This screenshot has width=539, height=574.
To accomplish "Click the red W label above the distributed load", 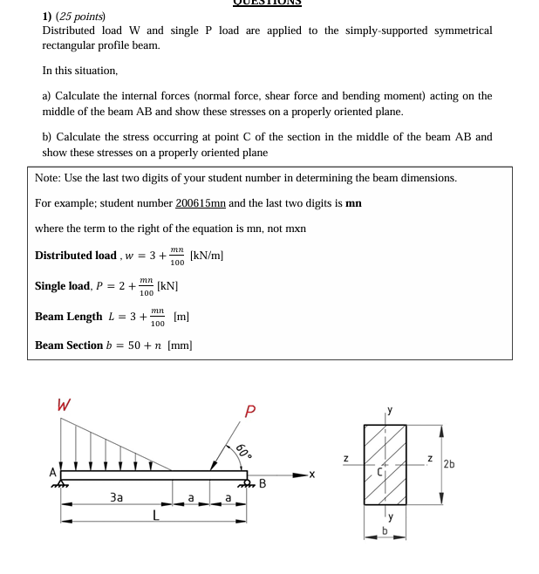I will tap(64, 405).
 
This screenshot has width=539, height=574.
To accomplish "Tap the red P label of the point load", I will tap(250, 410).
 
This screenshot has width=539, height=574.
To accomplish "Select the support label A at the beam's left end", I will tap(52, 472).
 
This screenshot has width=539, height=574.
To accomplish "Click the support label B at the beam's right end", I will tap(262, 483).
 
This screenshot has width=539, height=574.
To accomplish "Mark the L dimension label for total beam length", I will tap(156, 516).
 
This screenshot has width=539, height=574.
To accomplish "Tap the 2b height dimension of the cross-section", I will tap(449, 463).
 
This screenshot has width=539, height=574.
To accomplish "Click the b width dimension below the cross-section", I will tap(385, 530).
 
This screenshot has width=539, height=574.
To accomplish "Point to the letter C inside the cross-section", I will tap(379, 471).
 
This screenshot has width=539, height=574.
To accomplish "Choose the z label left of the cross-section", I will tap(346, 458).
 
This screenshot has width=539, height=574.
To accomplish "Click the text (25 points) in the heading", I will tap(79, 17).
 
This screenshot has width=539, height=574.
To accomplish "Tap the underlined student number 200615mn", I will tap(200, 203).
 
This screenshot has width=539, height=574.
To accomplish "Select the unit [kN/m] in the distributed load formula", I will tap(207, 256).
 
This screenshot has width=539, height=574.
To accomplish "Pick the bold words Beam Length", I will tap(68, 316).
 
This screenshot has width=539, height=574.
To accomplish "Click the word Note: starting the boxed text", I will tap(47, 178).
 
